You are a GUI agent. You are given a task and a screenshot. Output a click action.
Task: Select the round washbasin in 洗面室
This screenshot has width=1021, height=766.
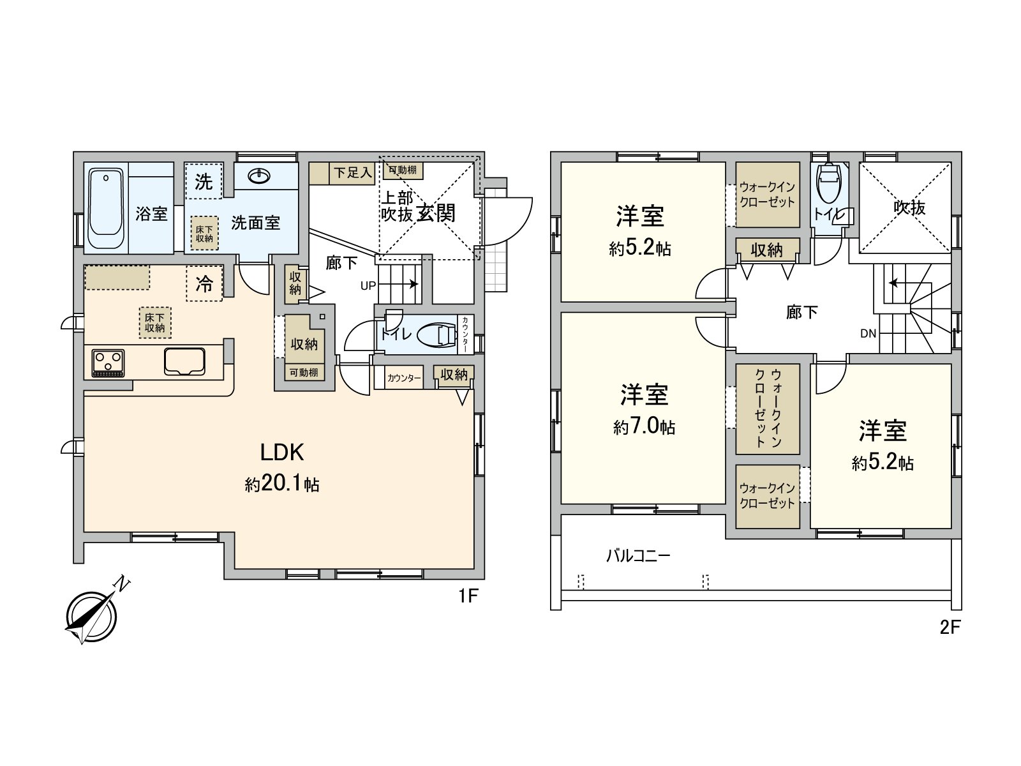click(x=259, y=176)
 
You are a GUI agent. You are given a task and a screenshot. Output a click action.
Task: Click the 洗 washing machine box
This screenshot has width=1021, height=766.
click(x=204, y=182)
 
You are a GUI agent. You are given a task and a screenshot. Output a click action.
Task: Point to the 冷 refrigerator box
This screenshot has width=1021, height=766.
click(x=204, y=283)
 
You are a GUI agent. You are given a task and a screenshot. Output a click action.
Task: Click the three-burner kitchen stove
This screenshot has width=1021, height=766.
click(x=108, y=363)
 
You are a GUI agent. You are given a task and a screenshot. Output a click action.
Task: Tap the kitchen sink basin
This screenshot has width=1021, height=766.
click(x=184, y=362)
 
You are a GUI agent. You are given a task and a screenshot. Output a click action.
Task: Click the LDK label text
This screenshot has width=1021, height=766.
click(x=281, y=453)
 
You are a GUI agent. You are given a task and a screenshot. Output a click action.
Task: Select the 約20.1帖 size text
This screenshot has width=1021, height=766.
click(x=281, y=485)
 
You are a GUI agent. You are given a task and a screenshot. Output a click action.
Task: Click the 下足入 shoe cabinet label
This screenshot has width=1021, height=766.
click(x=352, y=172)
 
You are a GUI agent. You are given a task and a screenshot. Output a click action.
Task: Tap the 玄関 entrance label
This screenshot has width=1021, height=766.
click(x=436, y=213)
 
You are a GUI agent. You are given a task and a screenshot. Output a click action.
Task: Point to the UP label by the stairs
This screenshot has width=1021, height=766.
click(x=368, y=286)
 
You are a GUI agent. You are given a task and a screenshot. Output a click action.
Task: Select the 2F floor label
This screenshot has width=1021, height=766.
click(x=950, y=627)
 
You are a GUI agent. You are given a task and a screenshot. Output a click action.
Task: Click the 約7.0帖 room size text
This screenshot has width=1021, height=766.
click(x=644, y=427)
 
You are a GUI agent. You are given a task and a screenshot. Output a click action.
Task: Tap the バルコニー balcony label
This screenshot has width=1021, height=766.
click(x=637, y=556)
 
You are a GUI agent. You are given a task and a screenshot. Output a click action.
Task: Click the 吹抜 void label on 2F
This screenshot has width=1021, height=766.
click(x=909, y=207)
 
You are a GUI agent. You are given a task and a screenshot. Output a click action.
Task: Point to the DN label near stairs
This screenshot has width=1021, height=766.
click(x=868, y=333)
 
